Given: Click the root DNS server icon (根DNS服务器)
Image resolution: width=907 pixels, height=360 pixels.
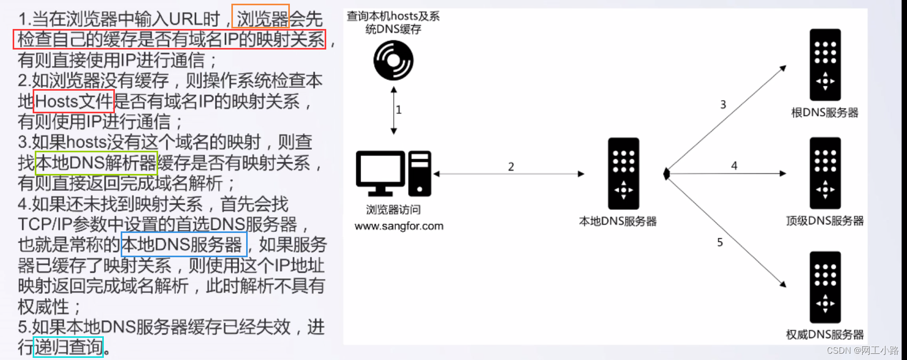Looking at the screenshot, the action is tap(825, 64).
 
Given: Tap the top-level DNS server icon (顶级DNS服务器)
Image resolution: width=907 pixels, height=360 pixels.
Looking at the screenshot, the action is tap(825, 173).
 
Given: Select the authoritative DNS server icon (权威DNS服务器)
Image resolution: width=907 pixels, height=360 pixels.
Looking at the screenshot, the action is tap(825, 287).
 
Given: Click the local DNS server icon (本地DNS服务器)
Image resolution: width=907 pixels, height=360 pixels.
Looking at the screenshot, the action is tap(623, 173).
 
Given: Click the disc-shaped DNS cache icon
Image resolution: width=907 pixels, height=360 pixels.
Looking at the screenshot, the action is tap(393, 61).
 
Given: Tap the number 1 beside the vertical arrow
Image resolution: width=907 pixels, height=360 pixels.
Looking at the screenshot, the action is tap(399, 110).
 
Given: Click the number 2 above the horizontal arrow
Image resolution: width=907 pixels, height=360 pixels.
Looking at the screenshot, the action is tap(511, 167).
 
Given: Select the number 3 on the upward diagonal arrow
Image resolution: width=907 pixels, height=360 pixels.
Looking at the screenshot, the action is tap(723, 104).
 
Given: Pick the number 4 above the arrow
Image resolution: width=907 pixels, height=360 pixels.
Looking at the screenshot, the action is tap(734, 166).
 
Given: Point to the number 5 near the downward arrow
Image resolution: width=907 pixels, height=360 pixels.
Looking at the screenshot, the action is tap(720, 242).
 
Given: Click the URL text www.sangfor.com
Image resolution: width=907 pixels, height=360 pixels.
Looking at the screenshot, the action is tap(399, 226).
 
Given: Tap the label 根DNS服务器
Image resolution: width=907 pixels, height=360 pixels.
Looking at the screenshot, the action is tap(825, 112).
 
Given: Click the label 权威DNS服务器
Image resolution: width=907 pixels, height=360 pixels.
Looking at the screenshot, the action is tap(825, 335).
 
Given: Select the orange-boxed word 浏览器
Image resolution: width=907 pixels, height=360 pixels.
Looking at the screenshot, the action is tap(261, 18).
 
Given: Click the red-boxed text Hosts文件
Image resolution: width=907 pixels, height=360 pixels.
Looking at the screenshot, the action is tap(74, 101).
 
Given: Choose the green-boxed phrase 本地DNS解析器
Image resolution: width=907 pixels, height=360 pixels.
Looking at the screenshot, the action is tap(96, 163).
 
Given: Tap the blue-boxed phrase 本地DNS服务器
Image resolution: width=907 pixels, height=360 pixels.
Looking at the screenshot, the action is tap(184, 245).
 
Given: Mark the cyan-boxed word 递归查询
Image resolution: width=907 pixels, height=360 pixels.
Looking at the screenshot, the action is tap(68, 347).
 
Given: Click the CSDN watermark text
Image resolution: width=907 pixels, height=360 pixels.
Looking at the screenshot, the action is tap(863, 351).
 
